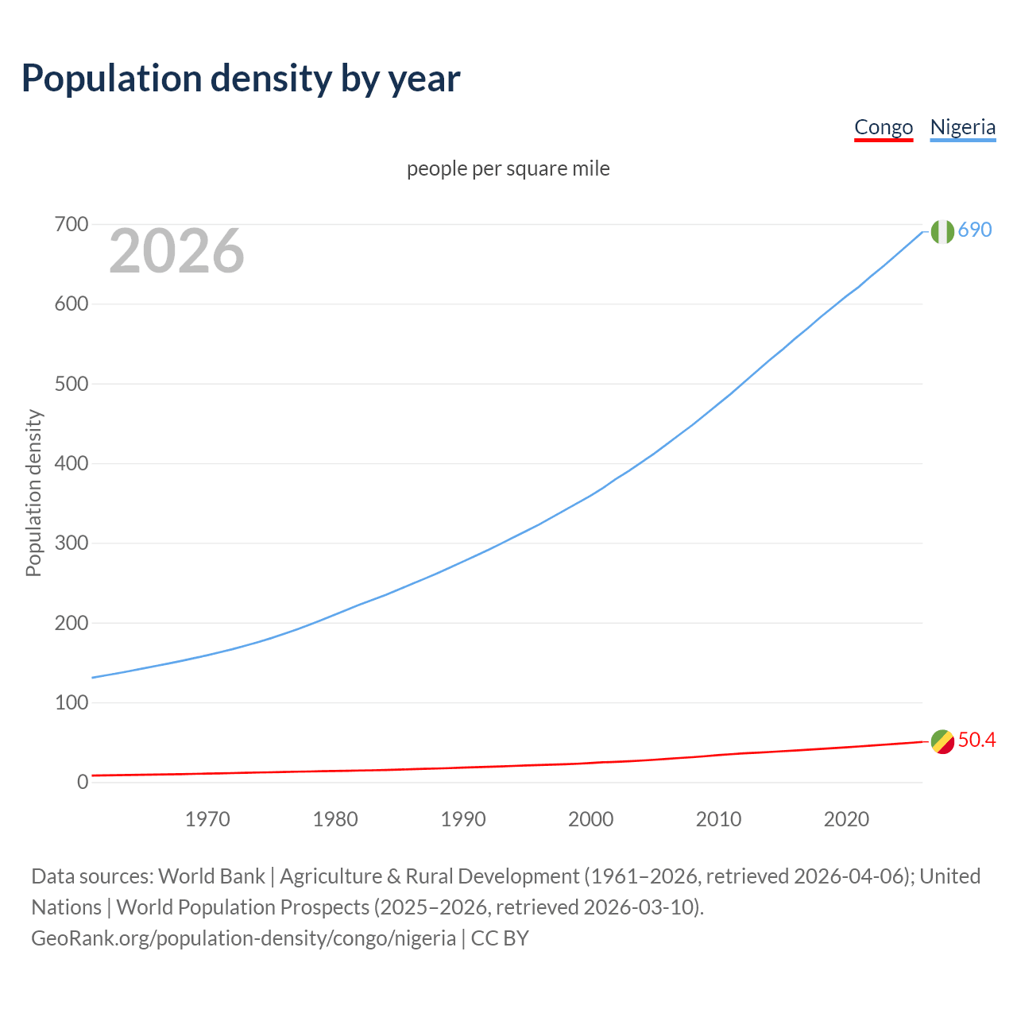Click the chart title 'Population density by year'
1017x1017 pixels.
tap(241, 79)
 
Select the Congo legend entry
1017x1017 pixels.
tap(884, 127)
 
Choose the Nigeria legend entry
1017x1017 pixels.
tap(962, 127)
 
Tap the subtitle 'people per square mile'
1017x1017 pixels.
tap(508, 168)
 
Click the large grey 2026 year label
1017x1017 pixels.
tap(176, 251)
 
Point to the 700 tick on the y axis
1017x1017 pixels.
tap(72, 225)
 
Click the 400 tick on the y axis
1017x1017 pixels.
tap(72, 464)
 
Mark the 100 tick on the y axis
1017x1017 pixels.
tap(72, 703)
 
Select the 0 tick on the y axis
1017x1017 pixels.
tap(83, 783)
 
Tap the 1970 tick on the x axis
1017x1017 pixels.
tap(207, 819)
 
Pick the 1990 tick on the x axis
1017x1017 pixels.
tap(463, 819)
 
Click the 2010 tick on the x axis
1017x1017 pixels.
tap(718, 819)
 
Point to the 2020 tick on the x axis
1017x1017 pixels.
tap(846, 819)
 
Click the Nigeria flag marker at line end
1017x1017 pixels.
tap(942, 231)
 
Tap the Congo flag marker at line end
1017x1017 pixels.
tap(942, 741)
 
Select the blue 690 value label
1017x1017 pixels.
tap(975, 230)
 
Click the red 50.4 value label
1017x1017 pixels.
tap(976, 741)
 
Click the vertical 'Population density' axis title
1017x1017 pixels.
tap(33, 493)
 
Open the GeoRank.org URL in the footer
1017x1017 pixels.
tap(243, 938)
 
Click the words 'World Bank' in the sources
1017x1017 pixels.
tap(211, 876)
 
